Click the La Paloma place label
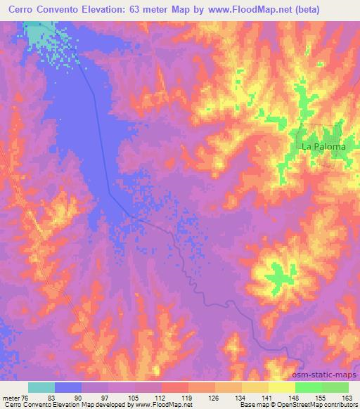click(x=323, y=147)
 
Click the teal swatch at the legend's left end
click(x=41, y=387)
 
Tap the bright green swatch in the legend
click(x=308, y=387)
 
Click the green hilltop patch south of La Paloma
click(x=281, y=275)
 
